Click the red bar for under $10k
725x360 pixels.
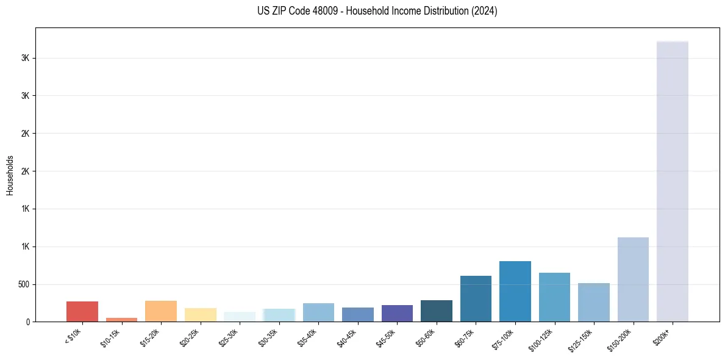(82, 311)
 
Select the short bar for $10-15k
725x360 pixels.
(121, 319)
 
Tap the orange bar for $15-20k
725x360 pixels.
(161, 311)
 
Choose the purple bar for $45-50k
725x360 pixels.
(397, 313)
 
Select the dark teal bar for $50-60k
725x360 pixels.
(437, 311)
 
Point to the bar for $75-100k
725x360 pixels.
(515, 291)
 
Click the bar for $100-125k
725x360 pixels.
(554, 297)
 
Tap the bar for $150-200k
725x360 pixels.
(633, 279)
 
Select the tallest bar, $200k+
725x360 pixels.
(673, 181)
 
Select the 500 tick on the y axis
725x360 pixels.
(25, 284)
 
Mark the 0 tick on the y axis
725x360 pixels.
(28, 322)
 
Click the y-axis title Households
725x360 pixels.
(10, 175)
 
